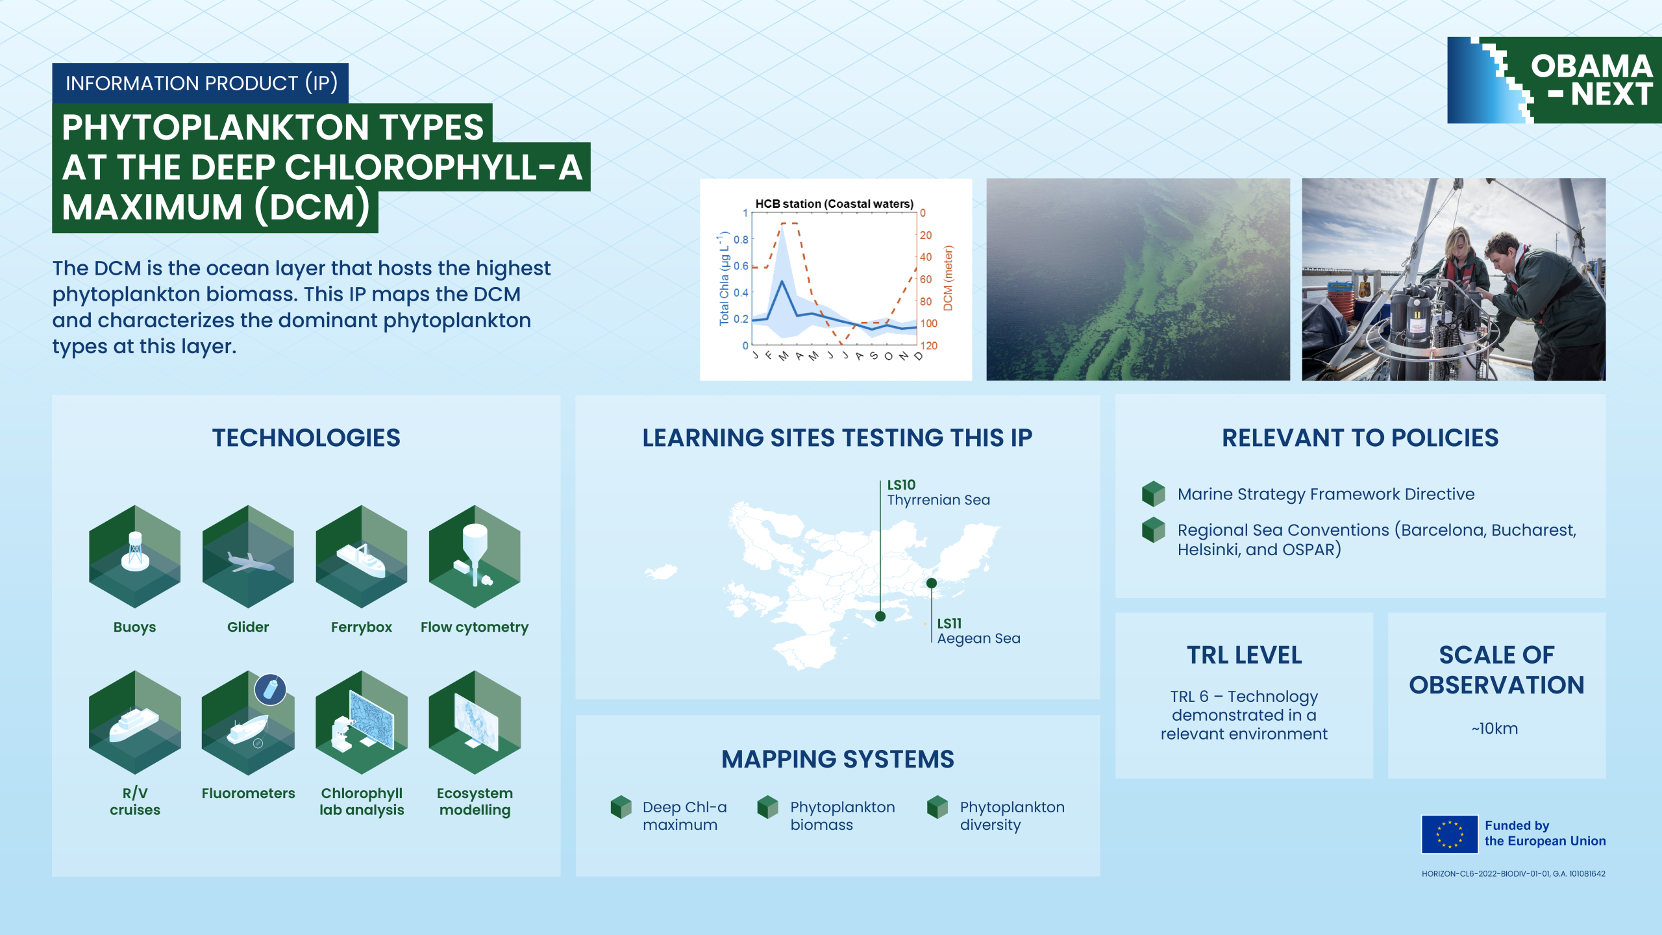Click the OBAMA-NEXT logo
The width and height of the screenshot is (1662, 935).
(x=1554, y=80)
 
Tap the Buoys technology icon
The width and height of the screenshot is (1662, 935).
(x=135, y=556)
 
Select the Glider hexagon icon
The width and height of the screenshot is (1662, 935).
(x=248, y=556)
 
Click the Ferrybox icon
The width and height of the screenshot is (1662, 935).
(x=362, y=556)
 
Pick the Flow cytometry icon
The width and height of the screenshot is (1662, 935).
(x=475, y=556)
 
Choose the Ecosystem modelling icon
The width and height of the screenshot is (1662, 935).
(x=475, y=722)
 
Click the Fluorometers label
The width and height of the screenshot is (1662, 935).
(x=248, y=793)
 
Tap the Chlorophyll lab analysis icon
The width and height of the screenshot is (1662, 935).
(x=362, y=722)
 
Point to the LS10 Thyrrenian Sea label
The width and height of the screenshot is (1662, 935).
(x=938, y=493)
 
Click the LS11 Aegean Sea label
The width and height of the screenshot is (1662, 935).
(x=978, y=631)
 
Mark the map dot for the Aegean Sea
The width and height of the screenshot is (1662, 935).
(x=932, y=583)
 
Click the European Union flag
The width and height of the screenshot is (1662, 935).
(x=1450, y=834)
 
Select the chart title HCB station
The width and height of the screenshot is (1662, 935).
(x=834, y=204)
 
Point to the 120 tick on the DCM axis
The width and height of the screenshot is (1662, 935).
(x=929, y=345)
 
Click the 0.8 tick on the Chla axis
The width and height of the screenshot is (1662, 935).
(x=741, y=240)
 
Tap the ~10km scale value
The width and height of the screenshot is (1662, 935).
(x=1495, y=729)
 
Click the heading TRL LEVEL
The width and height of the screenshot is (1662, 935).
(x=1244, y=655)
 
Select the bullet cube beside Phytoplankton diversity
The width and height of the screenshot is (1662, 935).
(x=937, y=807)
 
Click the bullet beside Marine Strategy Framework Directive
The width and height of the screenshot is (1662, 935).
(x=1154, y=493)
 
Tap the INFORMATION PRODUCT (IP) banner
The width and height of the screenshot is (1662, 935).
(x=201, y=83)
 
